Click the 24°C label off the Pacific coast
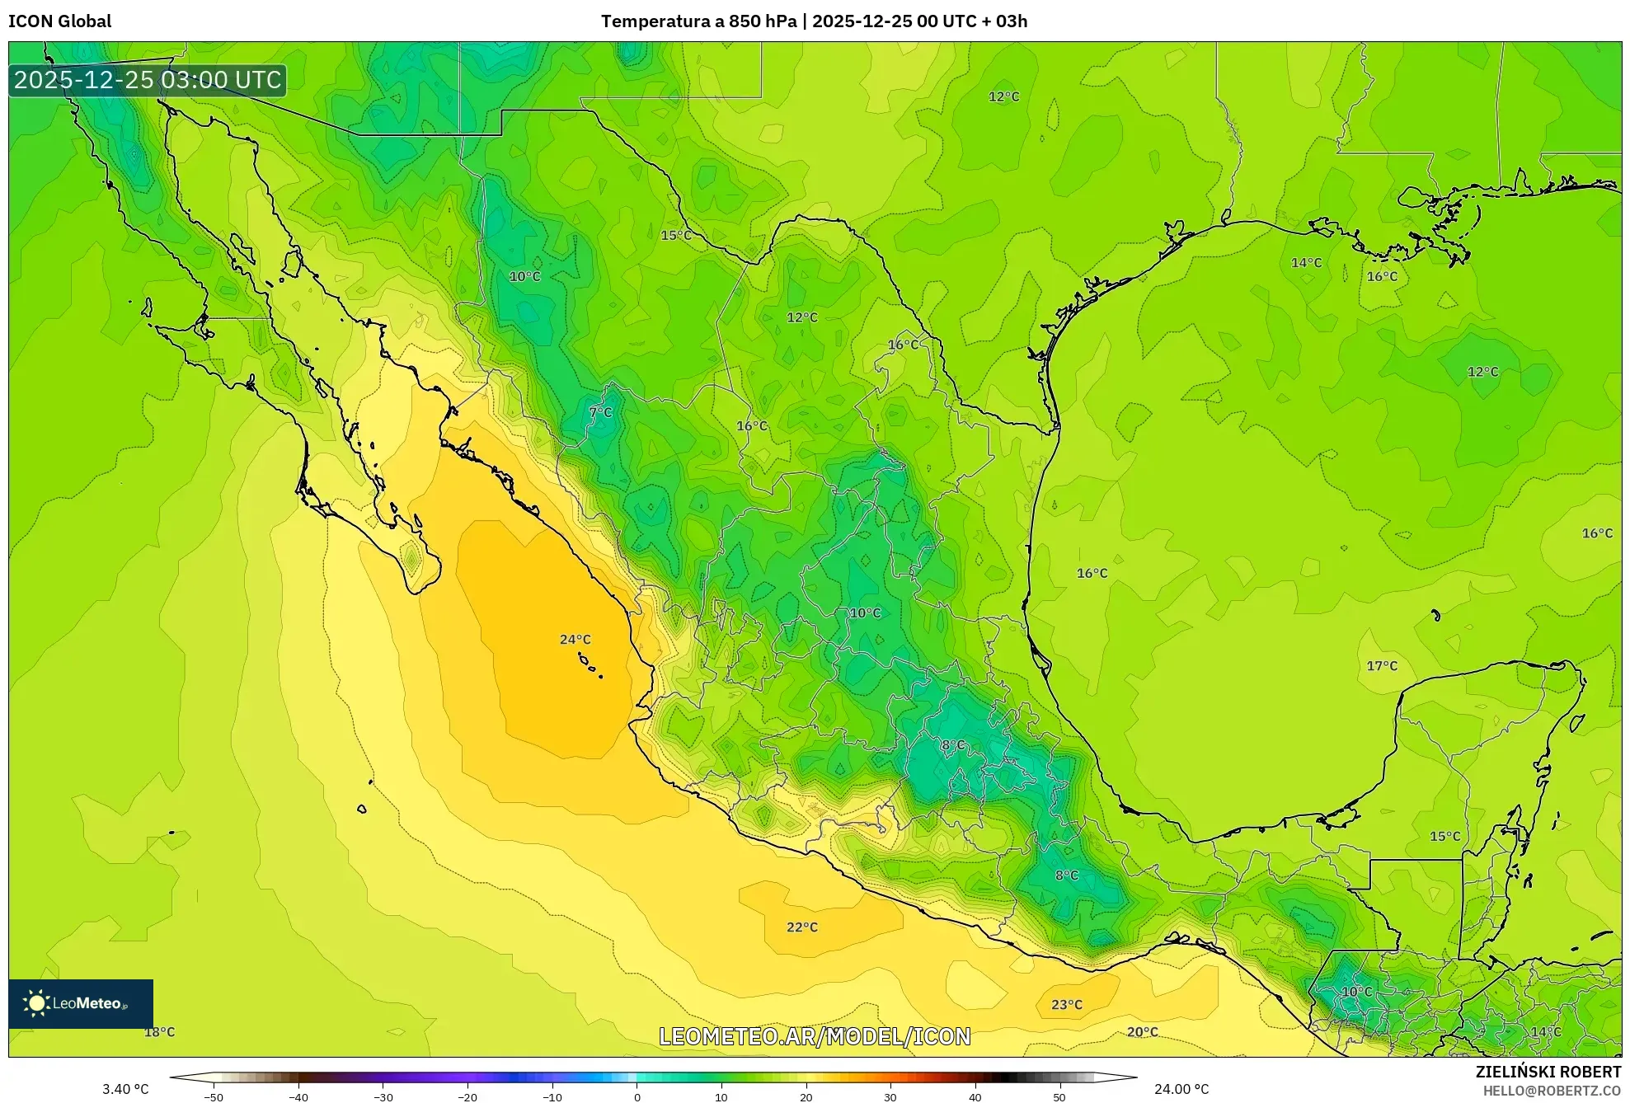click(575, 640)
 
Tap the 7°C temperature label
click(600, 412)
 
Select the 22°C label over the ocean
click(801, 927)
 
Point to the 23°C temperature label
click(1066, 1005)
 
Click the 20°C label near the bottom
click(1142, 1032)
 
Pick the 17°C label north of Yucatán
click(1382, 666)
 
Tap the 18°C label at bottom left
click(159, 1032)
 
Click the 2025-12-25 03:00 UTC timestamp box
click(148, 80)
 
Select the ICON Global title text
click(59, 21)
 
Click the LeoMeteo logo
click(80, 1003)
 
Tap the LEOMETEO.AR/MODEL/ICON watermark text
click(815, 1036)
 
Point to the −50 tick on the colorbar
click(214, 1096)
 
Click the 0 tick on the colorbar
click(636, 1096)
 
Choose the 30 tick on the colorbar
click(890, 1096)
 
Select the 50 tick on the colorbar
click(1059, 1096)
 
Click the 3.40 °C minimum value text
click(125, 1089)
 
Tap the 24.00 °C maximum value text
click(1181, 1089)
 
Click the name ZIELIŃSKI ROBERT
click(1548, 1072)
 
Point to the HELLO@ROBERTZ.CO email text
click(1552, 1091)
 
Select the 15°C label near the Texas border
click(675, 236)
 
